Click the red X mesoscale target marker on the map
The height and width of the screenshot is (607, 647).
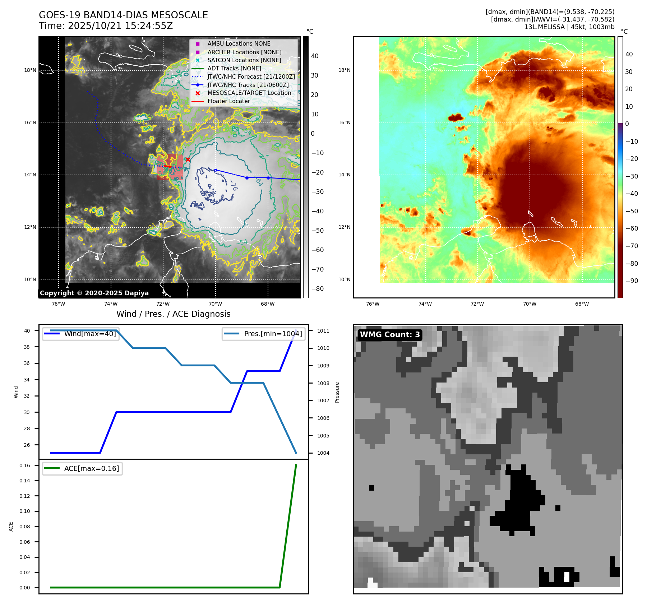pos(188,159)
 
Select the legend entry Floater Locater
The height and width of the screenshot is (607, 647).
pos(228,101)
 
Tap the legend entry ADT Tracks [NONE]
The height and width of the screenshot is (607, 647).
pos(234,69)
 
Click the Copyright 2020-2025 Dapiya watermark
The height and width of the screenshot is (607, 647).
pos(94,293)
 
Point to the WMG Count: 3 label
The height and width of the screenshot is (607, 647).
pos(390,335)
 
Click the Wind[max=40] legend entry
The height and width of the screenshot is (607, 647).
pos(90,334)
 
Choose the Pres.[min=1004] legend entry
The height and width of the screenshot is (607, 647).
pos(273,334)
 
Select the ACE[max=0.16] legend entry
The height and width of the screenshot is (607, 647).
pos(91,468)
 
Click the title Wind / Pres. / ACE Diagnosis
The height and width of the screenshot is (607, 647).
pos(173,314)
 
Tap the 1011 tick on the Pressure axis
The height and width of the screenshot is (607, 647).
pos(323,331)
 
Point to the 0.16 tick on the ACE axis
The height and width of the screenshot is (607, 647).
pos(25,465)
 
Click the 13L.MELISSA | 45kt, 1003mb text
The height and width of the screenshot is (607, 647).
pos(569,27)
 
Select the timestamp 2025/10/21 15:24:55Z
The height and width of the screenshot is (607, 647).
pos(120,26)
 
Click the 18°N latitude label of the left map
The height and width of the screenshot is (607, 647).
pos(30,70)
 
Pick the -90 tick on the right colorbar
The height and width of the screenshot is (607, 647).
pos(632,281)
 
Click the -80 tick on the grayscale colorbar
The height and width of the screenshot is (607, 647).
pos(317,289)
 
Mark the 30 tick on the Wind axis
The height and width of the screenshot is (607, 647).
pos(27,412)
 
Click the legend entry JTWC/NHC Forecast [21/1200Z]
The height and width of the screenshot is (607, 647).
pos(251,77)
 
